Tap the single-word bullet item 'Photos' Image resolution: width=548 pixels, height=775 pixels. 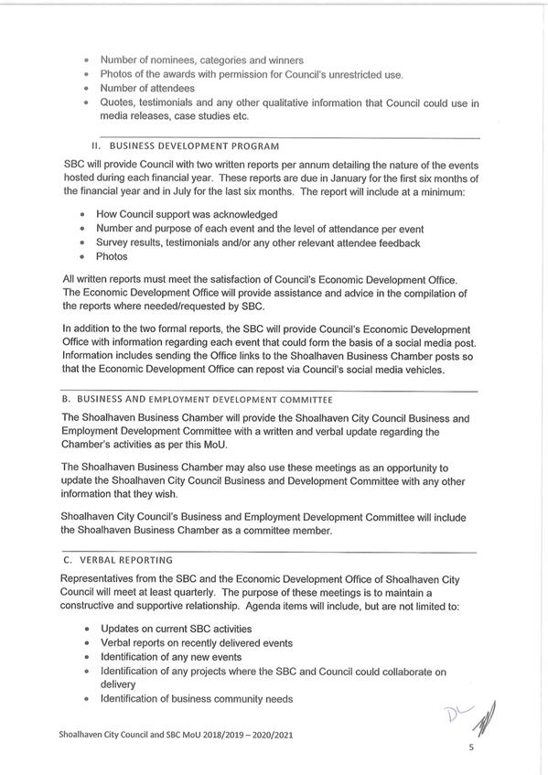pos(112,257)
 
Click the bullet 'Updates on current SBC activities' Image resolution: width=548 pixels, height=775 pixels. pos(176,629)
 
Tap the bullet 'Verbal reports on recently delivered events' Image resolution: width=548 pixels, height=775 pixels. pos(196,643)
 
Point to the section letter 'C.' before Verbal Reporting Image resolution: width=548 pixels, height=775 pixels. pos(67,559)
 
